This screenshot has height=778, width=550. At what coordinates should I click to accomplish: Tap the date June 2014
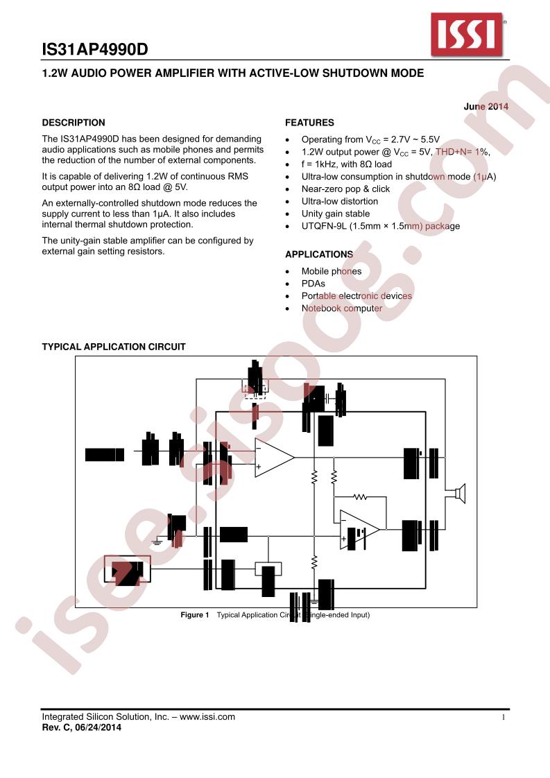pos(485,107)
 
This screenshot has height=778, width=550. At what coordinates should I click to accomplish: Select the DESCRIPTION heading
pos(74,123)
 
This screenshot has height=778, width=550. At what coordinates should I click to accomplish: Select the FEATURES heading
pos(309,123)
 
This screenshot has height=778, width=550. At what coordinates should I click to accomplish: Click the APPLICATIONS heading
pos(319,254)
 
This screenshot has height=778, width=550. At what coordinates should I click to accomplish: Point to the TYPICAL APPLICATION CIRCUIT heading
pos(114,347)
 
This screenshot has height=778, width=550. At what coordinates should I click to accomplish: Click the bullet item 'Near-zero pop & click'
pos(345,189)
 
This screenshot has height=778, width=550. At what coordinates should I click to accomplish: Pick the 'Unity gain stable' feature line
pos(335,214)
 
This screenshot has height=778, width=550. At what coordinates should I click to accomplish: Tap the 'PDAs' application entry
pos(313,284)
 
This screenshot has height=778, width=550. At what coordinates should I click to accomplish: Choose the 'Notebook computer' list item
pos(341,309)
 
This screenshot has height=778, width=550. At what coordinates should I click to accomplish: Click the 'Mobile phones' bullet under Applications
pos(331,271)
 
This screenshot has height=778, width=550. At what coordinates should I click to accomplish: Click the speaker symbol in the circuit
pos(458,494)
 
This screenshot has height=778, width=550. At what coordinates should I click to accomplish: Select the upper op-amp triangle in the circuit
pos(273,457)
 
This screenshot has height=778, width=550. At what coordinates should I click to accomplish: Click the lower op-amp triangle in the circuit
pos(359,530)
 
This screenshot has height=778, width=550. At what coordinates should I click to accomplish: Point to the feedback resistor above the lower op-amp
pos(359,497)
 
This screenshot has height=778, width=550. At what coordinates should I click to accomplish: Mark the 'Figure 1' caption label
pos(194,615)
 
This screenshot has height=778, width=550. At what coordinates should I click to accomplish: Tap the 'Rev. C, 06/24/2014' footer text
pos(82,727)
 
